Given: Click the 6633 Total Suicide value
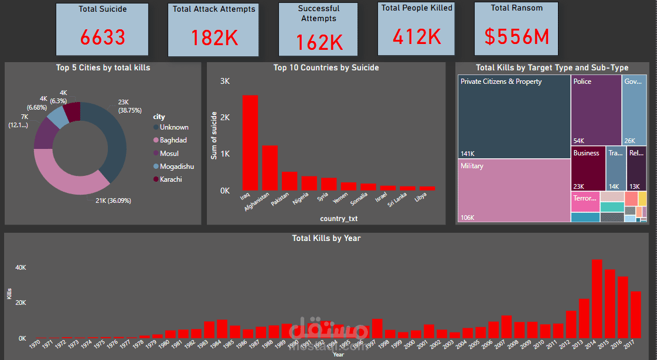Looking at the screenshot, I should tap(103, 38).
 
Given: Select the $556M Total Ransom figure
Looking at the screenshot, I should tap(516, 36).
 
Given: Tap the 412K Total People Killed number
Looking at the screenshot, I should tap(417, 36).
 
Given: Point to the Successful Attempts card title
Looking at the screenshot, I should tap(318, 13).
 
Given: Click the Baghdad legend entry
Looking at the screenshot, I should tap(174, 140).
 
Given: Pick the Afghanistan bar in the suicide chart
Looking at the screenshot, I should tap(270, 168).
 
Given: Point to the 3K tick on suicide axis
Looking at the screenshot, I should tap(225, 81).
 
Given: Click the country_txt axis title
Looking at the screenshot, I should tap(339, 219).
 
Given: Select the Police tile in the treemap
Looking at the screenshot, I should tap(596, 110).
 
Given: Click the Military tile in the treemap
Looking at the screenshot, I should tap(514, 191).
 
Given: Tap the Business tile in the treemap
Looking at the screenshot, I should tap(588, 168).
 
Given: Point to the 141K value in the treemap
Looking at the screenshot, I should tap(468, 154).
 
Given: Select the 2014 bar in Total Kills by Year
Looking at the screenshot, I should tap(597, 299).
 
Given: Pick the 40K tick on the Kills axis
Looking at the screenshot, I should tap(20, 267).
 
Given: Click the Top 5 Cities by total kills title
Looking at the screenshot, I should tap(103, 67).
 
